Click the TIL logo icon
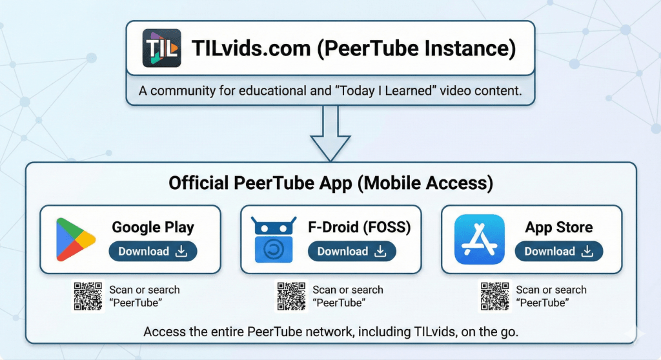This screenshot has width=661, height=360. point(161,49)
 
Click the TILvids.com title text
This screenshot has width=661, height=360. point(353,49)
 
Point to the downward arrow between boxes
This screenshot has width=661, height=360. point(330,132)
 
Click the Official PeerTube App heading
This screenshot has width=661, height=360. point(330,183)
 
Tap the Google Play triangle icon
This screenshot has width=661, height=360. point(75,239)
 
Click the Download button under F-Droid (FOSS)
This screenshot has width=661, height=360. point(351,252)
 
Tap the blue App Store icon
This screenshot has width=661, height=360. point(479,239)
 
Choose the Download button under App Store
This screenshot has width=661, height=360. point(558,252)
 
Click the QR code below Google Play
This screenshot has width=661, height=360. point(88,296)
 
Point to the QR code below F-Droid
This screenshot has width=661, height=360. point(291,296)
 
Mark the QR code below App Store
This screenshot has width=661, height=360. point(495,296)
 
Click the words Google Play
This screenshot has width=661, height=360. point(153,227)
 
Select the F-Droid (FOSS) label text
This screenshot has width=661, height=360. point(360,227)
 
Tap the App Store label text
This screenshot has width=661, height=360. point(559,227)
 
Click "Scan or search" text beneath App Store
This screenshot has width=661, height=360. point(551,290)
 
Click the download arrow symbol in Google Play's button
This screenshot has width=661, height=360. point(181,252)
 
